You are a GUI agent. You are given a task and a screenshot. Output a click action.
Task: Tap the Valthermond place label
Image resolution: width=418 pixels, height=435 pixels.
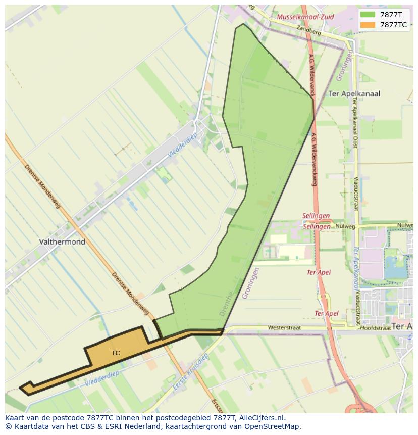pos(62,242)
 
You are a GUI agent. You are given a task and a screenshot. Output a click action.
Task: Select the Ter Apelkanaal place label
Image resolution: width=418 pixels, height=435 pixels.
pos(354,94)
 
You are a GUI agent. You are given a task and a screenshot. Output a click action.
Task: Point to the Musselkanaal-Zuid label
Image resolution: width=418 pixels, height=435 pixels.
pos(305,17)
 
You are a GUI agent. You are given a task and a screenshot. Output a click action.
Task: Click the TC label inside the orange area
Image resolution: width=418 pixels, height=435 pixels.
pos(116,353)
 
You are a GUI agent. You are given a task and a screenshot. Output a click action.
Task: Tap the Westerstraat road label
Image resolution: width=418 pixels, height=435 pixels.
pos(284,328)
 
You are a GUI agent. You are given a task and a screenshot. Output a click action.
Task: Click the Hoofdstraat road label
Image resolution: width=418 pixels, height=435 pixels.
pos(376,328)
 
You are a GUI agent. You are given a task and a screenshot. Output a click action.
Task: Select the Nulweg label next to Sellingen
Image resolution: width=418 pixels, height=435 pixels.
pos(345,227)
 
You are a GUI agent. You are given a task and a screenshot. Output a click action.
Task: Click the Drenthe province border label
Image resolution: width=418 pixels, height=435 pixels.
pos(227,304)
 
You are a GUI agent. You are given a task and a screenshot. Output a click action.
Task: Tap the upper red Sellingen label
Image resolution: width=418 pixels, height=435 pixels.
pos(316,216)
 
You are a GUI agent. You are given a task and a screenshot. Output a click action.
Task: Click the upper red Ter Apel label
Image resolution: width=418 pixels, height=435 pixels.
pos(319,272)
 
